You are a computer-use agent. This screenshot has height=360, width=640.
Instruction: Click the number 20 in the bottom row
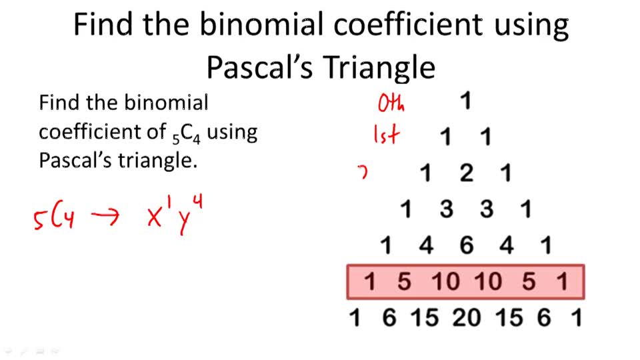467,318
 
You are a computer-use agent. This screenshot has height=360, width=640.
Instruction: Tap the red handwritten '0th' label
391,104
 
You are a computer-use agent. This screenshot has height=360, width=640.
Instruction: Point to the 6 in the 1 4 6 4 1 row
466,246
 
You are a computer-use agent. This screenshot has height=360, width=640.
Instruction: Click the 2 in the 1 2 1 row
466,173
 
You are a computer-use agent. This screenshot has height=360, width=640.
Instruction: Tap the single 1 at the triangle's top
466,101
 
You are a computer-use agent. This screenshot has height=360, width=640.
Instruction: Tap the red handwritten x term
159,215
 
